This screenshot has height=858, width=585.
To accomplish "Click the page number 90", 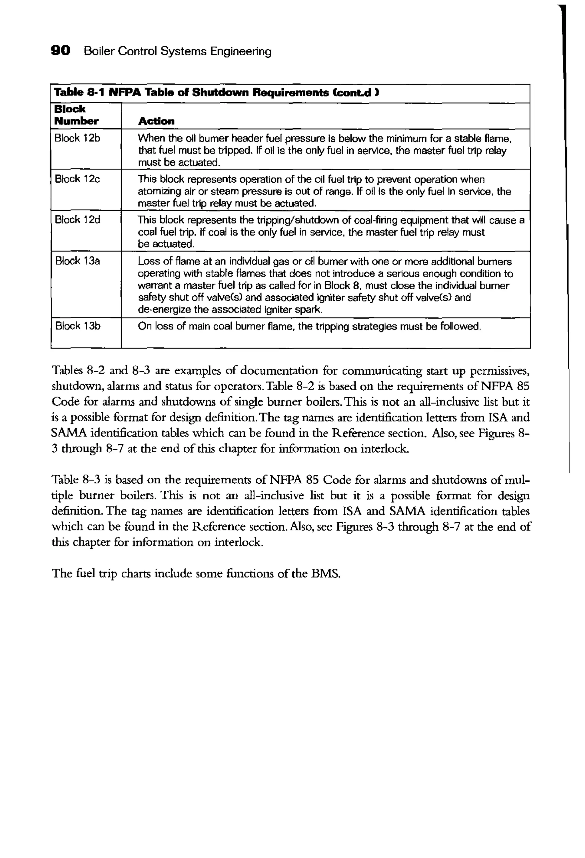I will point(60,50).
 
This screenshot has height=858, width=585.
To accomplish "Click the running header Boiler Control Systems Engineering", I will point(177,51).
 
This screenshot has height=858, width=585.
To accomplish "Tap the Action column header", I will point(156,121).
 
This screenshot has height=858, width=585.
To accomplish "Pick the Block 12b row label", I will point(77,138).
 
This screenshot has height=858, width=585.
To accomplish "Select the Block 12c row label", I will point(77,179).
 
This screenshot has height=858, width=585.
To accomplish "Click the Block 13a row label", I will point(77,261).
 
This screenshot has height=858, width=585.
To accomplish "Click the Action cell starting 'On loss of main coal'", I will point(309,326).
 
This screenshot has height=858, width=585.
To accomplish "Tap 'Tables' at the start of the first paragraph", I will point(67,370).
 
